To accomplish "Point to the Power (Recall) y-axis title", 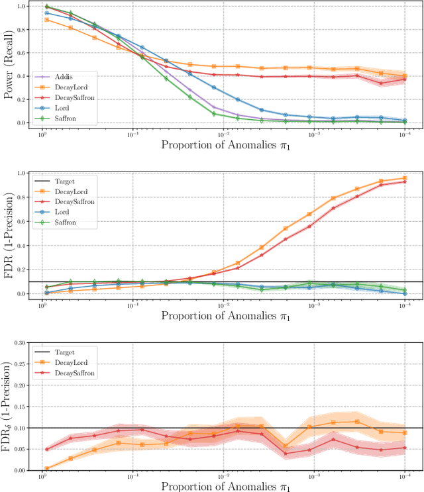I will (9, 64).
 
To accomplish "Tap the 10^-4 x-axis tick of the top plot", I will (404, 134).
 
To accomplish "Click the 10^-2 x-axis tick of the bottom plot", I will (224, 476).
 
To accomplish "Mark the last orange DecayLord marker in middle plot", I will (404, 177).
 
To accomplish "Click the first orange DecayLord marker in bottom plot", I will (46, 468).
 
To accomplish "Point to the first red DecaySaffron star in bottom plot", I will (46, 449).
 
